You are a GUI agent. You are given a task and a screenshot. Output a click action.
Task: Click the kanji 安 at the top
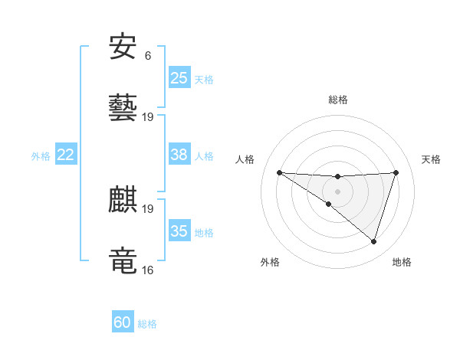tap(123, 47)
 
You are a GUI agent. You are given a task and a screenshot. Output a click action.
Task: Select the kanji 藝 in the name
tap(123, 107)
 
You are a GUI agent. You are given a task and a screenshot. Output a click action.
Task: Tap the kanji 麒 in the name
tap(123, 200)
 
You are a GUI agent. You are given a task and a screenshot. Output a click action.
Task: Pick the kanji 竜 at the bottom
tap(123, 260)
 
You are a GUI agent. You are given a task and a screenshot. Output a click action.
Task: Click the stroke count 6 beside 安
tap(148, 56)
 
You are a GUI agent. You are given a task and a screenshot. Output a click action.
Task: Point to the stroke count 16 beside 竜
tap(148, 270)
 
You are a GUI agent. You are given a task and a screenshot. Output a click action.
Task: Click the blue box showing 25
tap(179, 77)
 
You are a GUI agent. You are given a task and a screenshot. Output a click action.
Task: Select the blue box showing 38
tap(179, 155)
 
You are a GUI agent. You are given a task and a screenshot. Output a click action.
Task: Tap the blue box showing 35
tap(179, 231)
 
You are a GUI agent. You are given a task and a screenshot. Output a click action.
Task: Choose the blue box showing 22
tap(65, 155)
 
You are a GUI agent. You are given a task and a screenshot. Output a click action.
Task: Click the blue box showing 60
tap(123, 322)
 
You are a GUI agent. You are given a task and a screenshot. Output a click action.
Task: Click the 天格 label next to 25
tap(204, 79)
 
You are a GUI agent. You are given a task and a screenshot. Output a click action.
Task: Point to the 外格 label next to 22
tap(41, 156)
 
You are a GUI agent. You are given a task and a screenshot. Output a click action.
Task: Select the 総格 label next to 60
tap(147, 324)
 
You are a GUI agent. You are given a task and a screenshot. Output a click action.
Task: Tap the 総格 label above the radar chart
tap(338, 100)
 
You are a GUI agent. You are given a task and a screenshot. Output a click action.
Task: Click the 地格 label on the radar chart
tap(402, 263)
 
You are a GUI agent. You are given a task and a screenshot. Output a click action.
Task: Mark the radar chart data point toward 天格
tap(396, 172)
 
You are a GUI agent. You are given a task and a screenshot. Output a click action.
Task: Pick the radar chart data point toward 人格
tap(279, 172)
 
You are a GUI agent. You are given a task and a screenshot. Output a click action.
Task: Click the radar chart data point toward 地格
tap(374, 242)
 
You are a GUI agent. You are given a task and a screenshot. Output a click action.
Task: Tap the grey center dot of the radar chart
tap(338, 191)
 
